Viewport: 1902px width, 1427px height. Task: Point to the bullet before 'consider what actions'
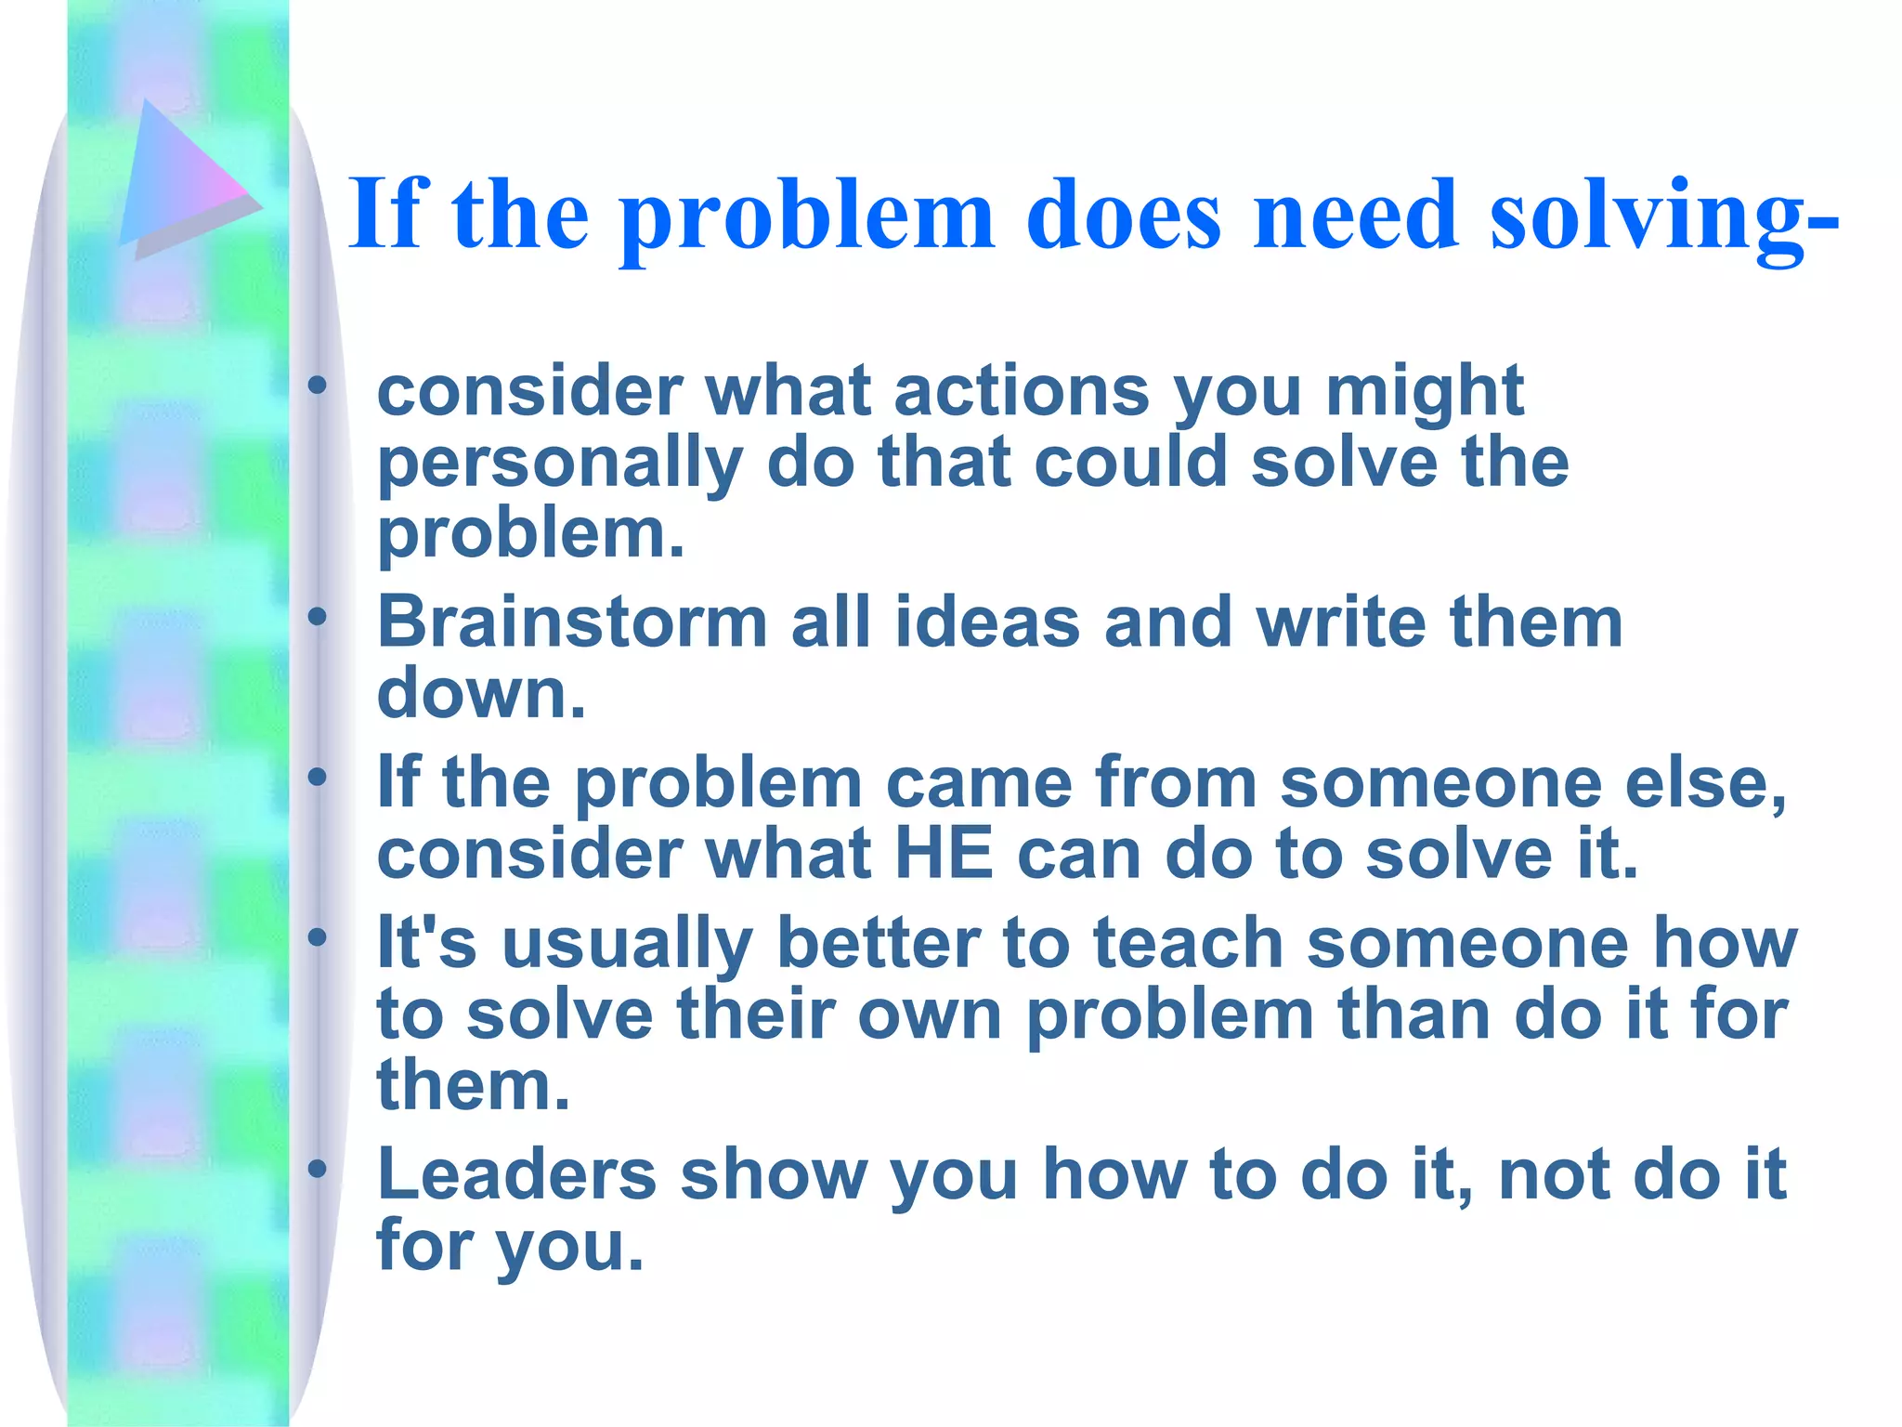point(319,385)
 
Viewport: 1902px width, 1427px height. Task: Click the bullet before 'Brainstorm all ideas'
point(319,616)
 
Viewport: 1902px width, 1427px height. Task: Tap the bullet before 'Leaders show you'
point(319,1169)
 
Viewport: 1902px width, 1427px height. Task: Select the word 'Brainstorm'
point(571,622)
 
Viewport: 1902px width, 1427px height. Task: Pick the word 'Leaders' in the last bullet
point(516,1174)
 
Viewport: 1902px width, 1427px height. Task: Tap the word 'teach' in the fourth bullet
point(1188,943)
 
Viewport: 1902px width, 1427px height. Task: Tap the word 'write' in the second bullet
point(1340,622)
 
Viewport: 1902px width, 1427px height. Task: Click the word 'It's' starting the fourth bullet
point(426,943)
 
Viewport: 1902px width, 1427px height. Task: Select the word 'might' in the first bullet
point(1424,391)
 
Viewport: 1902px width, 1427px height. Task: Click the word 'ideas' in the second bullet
point(987,622)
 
